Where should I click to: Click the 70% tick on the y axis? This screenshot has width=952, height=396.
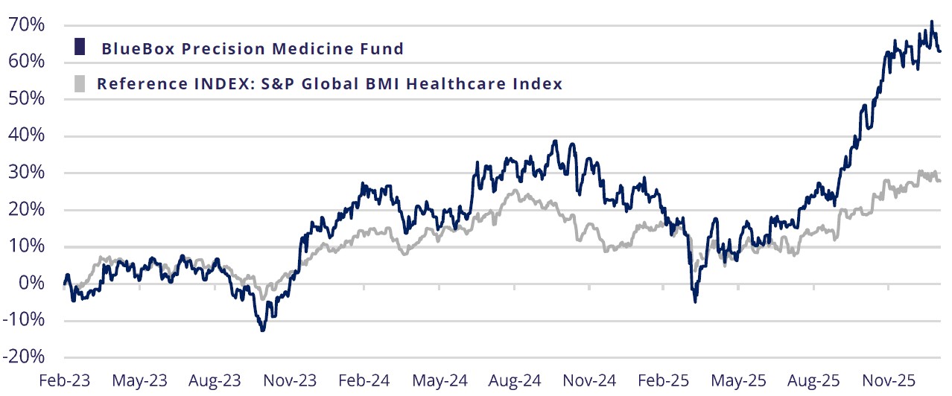26,25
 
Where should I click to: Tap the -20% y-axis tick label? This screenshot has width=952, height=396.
25,357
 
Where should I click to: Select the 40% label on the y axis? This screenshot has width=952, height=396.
26,136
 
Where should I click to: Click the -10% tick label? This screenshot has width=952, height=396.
25,320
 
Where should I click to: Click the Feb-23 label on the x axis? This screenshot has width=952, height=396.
65,380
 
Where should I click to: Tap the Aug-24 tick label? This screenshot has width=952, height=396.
515,380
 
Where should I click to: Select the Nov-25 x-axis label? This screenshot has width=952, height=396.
889,380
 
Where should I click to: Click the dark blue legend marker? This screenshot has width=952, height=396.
79,47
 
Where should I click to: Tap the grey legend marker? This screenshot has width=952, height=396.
79,82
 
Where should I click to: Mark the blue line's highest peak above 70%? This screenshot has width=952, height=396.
931,22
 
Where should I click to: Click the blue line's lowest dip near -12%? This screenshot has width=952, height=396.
262,330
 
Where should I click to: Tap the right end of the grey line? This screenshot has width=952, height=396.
940,181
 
